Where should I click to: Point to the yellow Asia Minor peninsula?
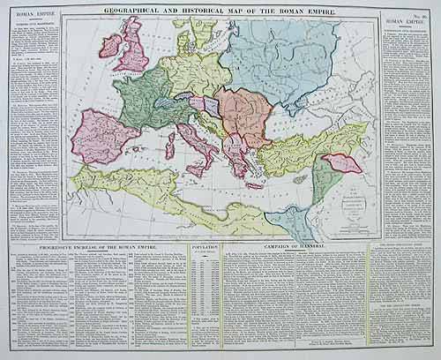point(291,146)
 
